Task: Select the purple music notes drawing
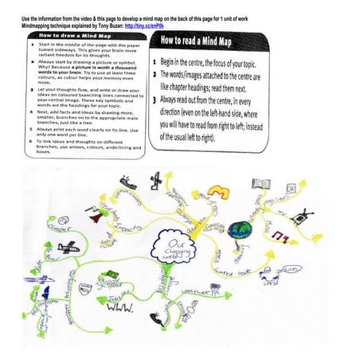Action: (280, 237)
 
